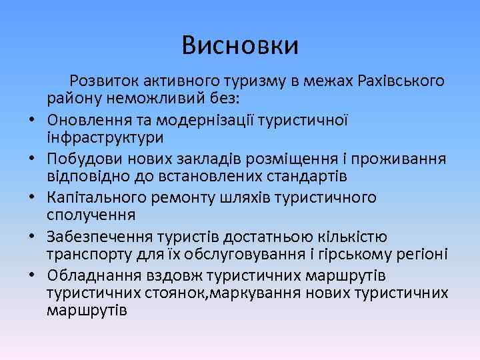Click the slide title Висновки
pos(240,46)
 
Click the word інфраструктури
pos(105,137)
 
